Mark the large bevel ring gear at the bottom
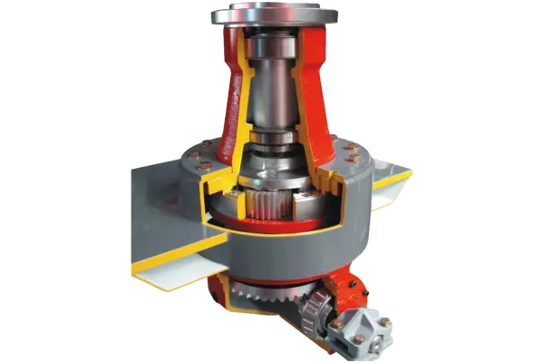(x=263, y=294)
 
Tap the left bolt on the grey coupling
(x=338, y=318)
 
